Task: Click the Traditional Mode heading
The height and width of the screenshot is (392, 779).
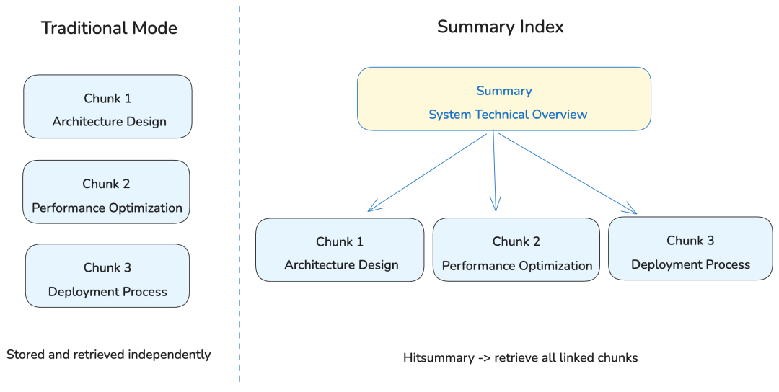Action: click(x=109, y=28)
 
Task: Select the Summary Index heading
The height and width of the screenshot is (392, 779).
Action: click(x=500, y=27)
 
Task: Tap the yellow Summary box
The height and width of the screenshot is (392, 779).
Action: click(x=504, y=99)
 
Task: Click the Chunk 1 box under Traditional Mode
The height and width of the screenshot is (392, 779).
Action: click(x=108, y=107)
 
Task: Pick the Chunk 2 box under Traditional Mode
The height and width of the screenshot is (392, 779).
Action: click(x=107, y=192)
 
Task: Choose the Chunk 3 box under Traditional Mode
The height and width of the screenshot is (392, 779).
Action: click(x=107, y=276)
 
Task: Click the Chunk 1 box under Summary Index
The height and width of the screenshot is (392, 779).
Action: click(x=340, y=250)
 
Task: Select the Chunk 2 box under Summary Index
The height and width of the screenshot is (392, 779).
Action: click(x=516, y=250)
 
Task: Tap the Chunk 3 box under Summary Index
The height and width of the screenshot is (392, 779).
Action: click(x=690, y=249)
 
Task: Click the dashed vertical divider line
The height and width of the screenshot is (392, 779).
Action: click(x=239, y=195)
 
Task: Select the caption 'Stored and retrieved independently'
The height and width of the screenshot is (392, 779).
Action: click(x=109, y=355)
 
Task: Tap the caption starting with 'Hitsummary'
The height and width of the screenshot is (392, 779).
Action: click(x=520, y=357)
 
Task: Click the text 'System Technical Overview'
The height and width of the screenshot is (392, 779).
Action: click(x=508, y=115)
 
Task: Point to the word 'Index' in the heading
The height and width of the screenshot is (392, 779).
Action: click(x=542, y=27)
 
